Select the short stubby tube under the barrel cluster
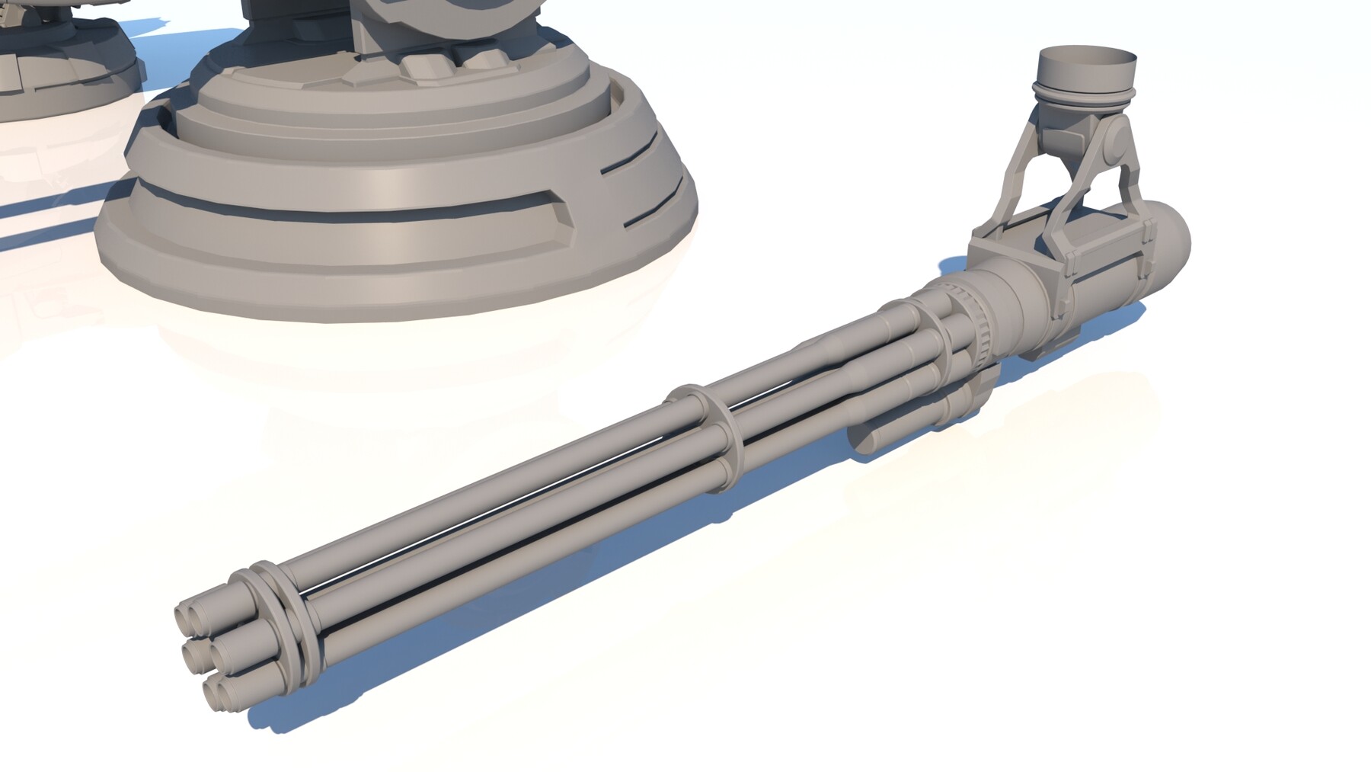click(x=876, y=442)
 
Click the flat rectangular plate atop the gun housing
click(x=1002, y=248)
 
